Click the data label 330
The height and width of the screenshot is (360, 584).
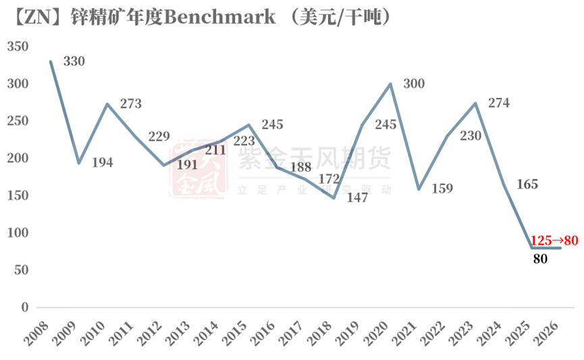pos(74,62)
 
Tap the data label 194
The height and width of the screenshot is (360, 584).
pos(103,163)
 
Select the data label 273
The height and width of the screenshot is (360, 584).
pos(131,104)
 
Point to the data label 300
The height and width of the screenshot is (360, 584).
pos(415,84)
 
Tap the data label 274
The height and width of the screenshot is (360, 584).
pos(500,103)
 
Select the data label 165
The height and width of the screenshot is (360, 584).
pos(527,184)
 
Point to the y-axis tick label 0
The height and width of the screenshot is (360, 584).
pos(26,307)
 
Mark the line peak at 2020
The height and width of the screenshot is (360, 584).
pos(391,84)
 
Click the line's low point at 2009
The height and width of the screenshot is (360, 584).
pos(79,163)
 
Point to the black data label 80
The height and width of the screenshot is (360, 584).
pos(539,258)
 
